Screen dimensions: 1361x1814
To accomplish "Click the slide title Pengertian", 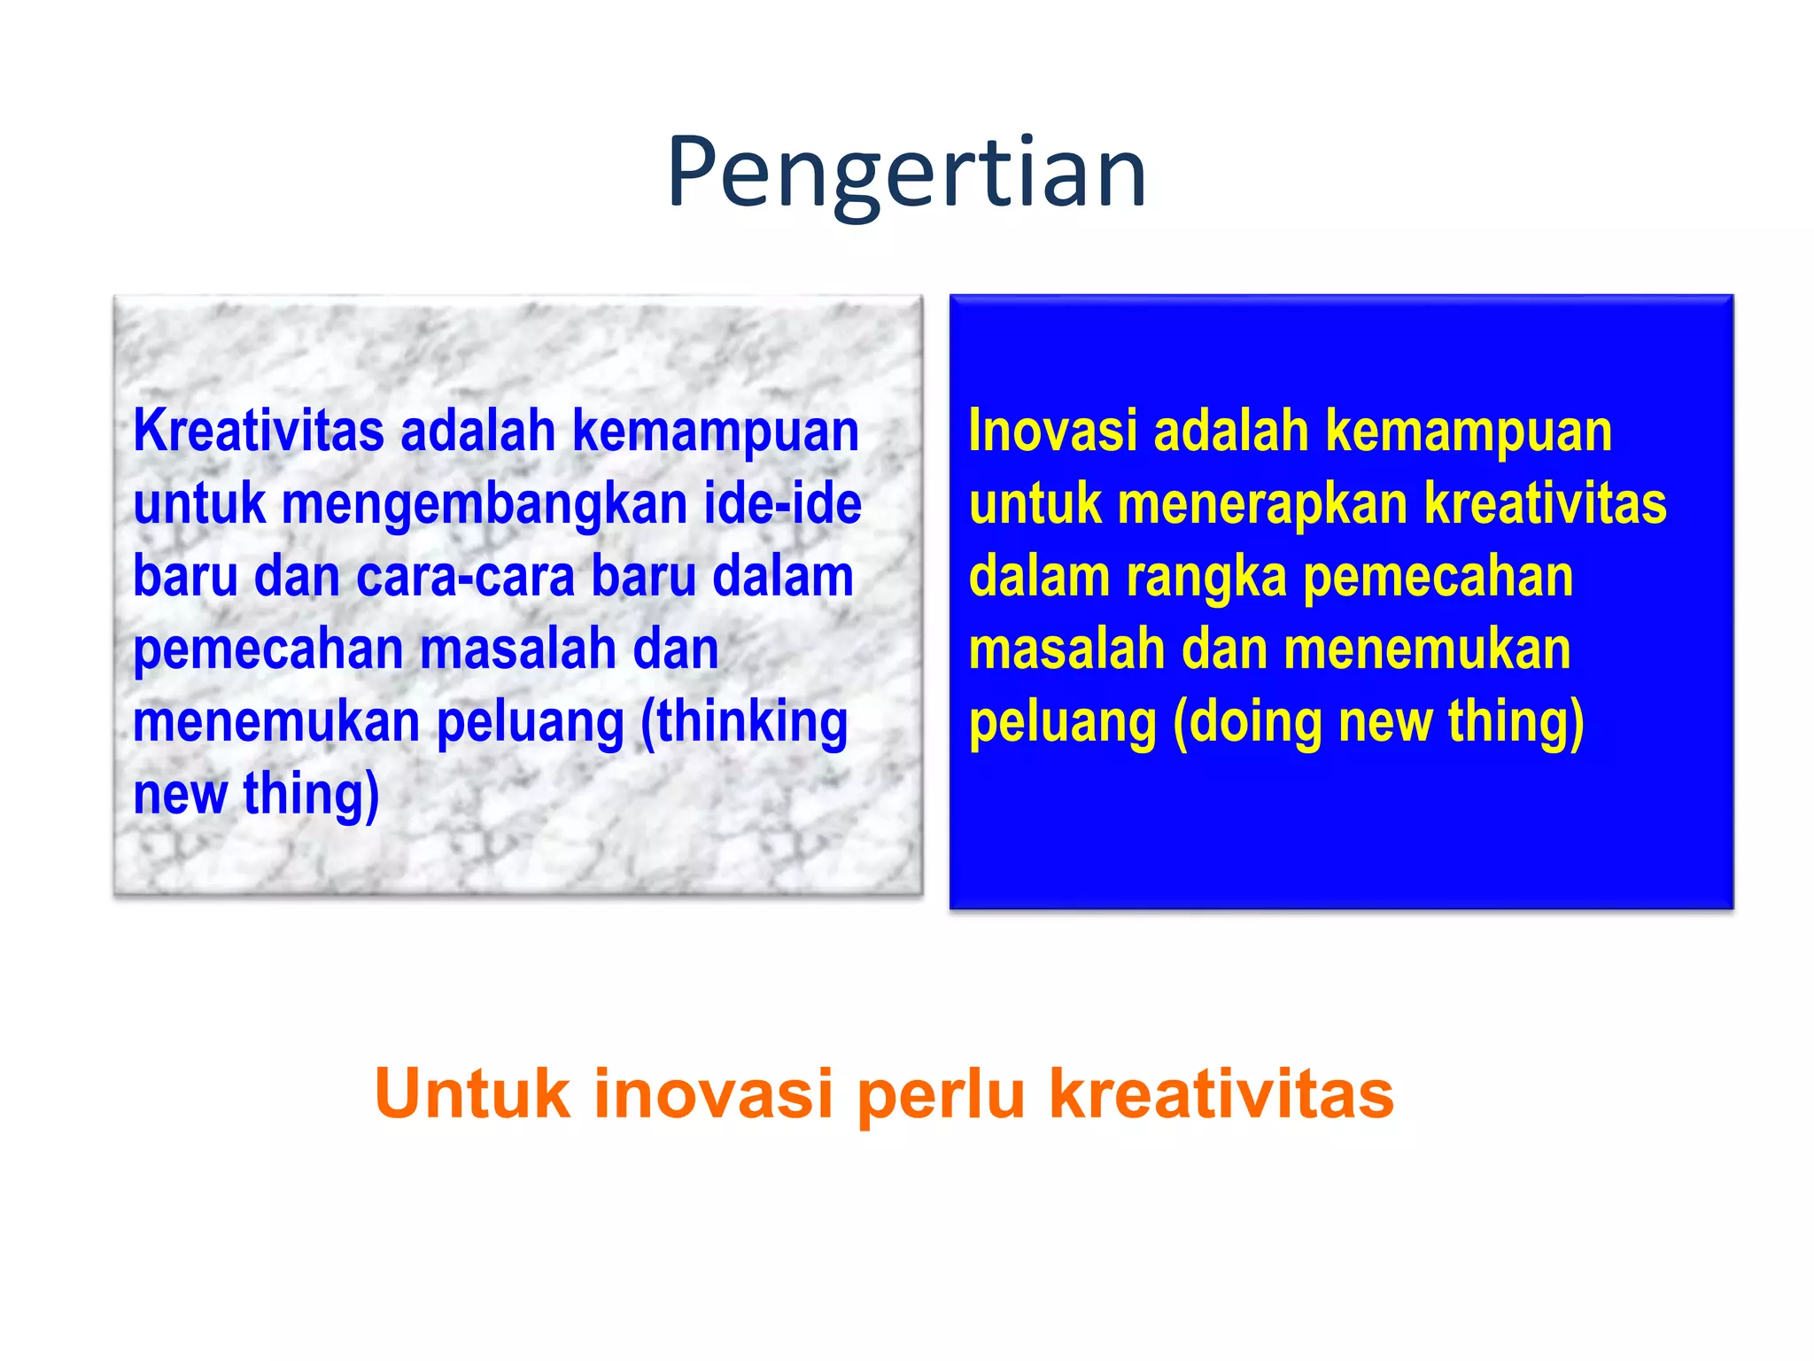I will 906,173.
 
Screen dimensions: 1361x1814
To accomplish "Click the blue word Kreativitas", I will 259,432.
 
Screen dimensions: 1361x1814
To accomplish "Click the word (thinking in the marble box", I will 744,721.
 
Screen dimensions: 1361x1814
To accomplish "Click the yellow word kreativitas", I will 1546,504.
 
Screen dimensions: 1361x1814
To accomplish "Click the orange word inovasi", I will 713,1093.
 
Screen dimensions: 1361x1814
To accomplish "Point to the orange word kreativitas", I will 1221,1093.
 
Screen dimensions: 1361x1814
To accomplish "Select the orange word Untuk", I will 472,1093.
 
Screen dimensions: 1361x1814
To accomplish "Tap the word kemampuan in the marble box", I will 716,432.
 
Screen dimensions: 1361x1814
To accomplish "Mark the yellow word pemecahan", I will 1438,578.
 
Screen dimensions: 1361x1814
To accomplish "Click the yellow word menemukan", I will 1427,649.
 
